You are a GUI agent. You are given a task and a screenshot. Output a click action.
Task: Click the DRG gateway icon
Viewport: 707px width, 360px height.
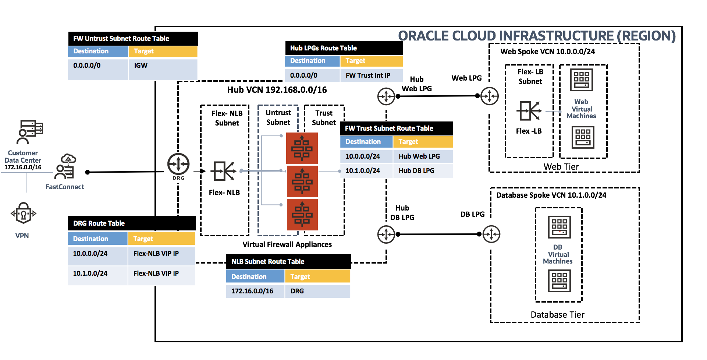(178, 164)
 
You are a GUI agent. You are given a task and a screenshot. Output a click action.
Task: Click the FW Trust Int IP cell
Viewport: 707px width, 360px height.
(371, 75)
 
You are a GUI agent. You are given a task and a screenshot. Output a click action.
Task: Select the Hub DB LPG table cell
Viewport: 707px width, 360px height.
(422, 171)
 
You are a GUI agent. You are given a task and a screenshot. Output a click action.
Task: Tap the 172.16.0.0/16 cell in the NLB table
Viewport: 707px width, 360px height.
(255, 291)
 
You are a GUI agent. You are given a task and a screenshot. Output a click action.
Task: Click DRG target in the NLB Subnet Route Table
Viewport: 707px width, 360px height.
(317, 291)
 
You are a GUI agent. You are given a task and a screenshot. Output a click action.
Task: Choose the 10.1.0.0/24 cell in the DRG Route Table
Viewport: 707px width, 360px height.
(97, 273)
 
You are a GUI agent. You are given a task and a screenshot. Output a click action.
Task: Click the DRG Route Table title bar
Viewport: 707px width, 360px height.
(131, 223)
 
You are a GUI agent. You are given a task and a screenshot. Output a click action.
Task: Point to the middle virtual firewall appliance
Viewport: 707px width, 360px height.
(302, 181)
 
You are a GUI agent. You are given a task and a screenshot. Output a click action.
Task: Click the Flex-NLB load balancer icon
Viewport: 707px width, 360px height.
(223, 171)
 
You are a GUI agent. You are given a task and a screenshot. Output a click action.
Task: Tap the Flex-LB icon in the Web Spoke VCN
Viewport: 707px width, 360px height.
(529, 111)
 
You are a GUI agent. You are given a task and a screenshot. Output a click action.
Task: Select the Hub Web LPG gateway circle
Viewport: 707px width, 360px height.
(386, 96)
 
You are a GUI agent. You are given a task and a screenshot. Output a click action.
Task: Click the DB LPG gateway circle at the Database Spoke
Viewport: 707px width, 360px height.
(491, 234)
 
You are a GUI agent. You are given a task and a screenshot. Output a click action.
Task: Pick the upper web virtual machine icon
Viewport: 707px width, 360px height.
(582, 80)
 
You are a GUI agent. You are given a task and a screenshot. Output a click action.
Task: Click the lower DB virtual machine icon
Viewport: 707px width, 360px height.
(559, 281)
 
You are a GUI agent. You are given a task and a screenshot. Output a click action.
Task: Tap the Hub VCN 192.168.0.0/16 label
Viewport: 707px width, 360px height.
(277, 90)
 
